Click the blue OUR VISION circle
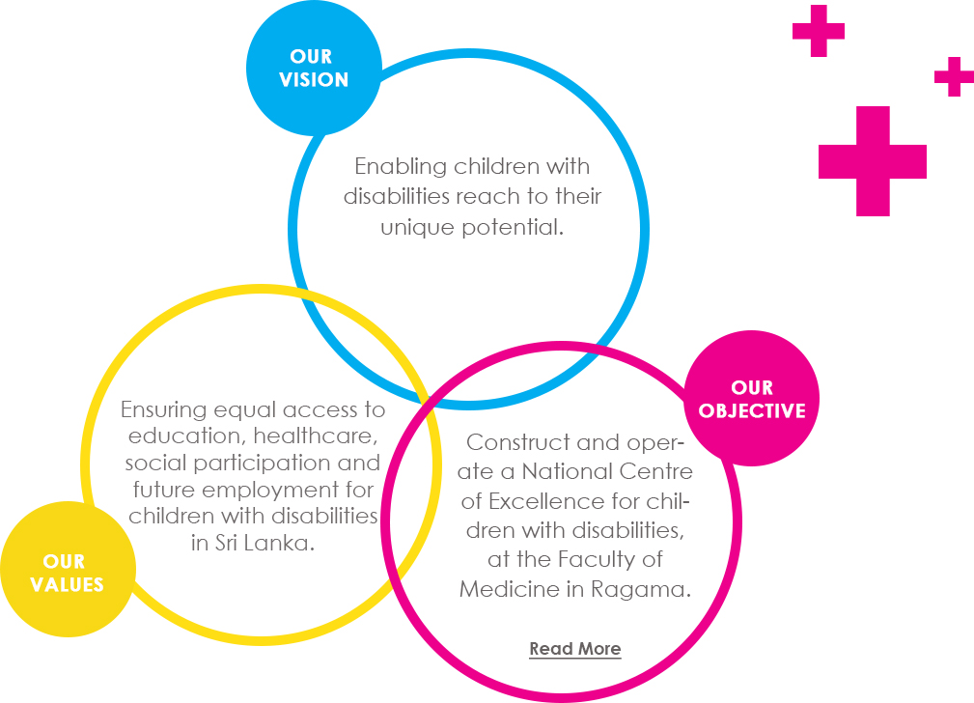[314, 68]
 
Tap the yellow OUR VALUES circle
[68, 569]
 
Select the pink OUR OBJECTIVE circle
[752, 399]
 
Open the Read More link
[575, 648]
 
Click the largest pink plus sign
[873, 161]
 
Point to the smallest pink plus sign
[954, 76]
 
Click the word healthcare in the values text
[316, 436]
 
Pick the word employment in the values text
[271, 491]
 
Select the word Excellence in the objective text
[546, 501]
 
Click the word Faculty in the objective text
[598, 559]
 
